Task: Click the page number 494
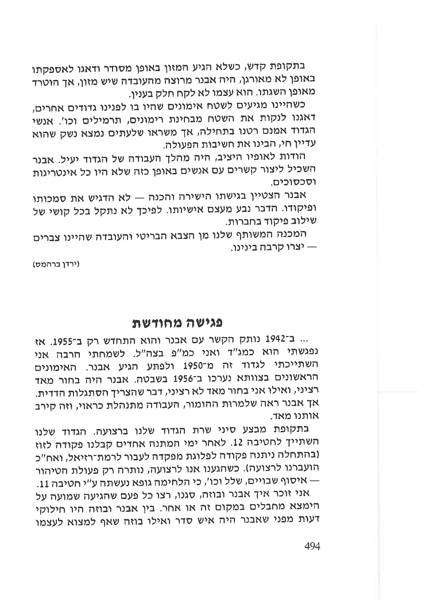click(311, 546)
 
